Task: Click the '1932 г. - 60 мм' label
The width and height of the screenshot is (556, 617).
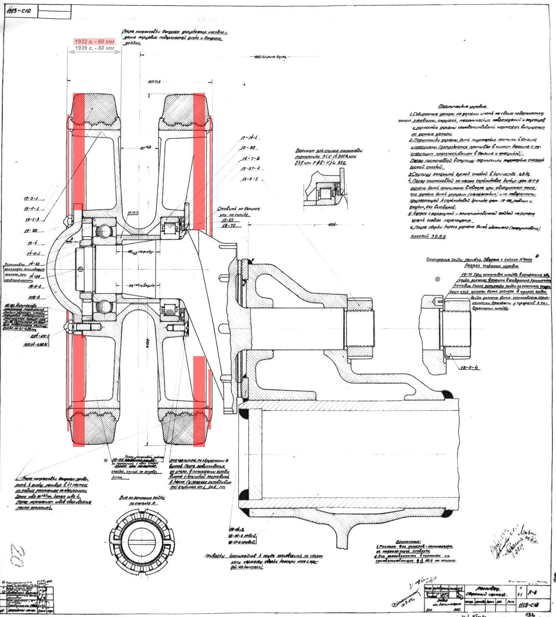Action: (94, 41)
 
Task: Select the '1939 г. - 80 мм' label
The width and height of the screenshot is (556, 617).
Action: (94, 48)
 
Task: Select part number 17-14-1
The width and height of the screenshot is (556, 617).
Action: (250, 138)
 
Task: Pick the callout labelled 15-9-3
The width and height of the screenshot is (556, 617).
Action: (250, 179)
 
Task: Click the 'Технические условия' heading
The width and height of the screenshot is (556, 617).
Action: (463, 107)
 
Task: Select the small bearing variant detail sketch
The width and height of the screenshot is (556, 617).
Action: (325, 189)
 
